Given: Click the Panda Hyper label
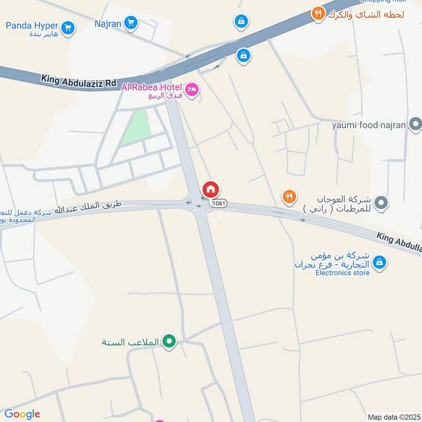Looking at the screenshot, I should (32, 26).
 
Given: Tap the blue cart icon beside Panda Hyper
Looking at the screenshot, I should (67, 28).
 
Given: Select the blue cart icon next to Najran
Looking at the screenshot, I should (131, 23).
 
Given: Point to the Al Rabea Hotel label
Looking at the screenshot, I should (152, 87).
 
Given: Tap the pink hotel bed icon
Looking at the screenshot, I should (191, 90).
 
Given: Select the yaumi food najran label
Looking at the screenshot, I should (369, 125).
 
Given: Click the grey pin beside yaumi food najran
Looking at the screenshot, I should (416, 125).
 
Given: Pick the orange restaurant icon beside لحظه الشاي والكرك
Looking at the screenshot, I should (318, 14).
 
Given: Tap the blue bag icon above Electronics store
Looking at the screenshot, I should (379, 261).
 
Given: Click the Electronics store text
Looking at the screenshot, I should (342, 273).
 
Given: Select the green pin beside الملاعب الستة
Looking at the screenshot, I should (169, 342).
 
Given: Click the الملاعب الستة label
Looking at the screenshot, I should (130, 342).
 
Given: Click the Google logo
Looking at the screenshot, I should (22, 414).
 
